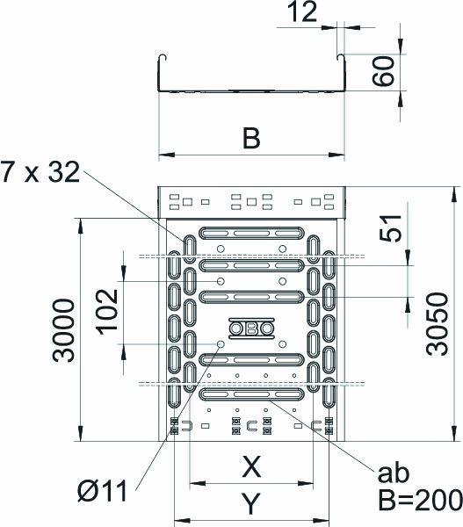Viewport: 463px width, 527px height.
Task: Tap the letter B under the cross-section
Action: tap(250, 139)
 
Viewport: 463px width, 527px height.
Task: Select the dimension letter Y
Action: tap(250, 503)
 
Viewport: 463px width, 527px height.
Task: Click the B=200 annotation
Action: tap(418, 501)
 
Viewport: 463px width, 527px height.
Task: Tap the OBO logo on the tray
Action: tap(250, 329)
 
